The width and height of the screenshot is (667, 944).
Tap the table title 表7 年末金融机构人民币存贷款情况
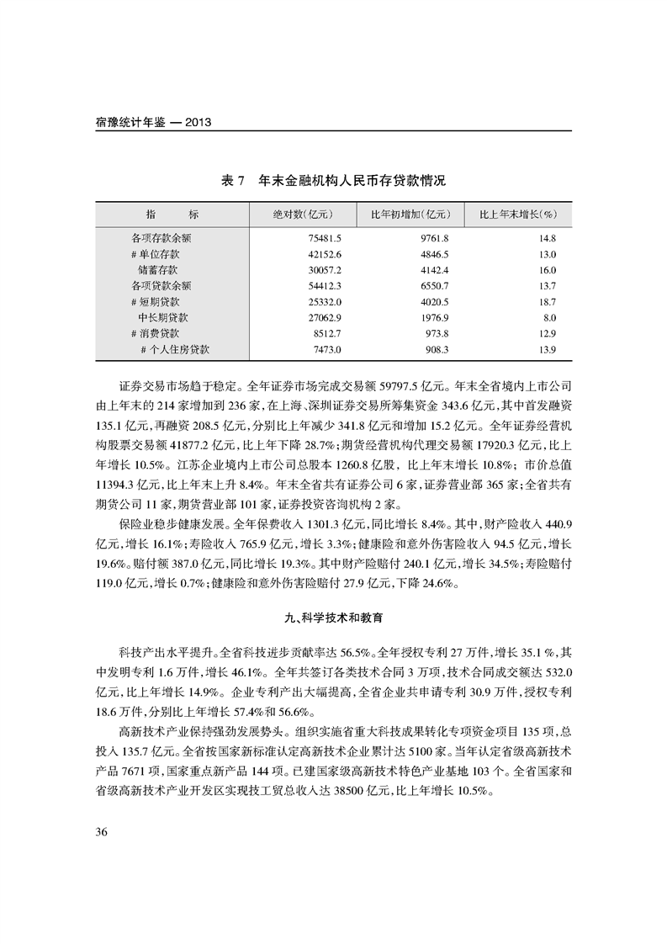pyautogui.click(x=332, y=181)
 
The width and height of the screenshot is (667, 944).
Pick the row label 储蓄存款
pyautogui.click(x=158, y=270)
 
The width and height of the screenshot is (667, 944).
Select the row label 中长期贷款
pyautogui.click(x=163, y=317)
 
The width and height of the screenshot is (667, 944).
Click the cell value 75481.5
pyautogui.click(x=324, y=239)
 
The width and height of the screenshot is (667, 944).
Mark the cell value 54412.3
pyautogui.click(x=324, y=286)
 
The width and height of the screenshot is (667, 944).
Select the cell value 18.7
pyautogui.click(x=548, y=301)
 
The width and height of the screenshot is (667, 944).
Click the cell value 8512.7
pyautogui.click(x=326, y=333)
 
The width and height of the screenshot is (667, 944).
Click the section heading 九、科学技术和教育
pyautogui.click(x=334, y=618)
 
